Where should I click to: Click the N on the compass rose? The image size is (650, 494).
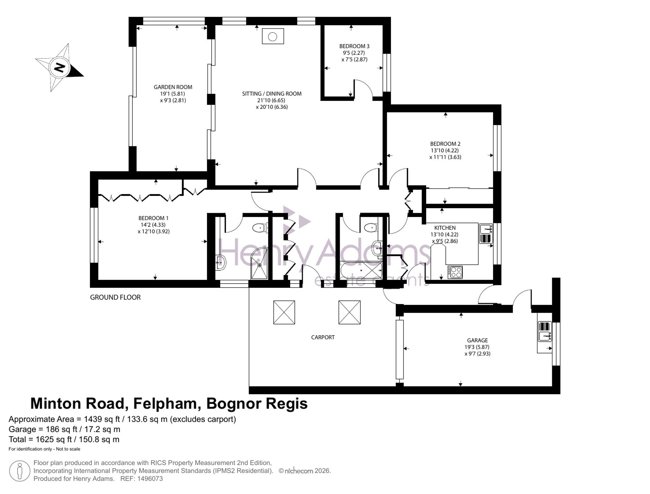59,68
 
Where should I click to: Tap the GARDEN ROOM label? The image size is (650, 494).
173,87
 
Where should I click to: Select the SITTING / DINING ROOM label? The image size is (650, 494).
272,94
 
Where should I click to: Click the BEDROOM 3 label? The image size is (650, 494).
354,46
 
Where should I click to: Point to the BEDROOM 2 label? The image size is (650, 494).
445,144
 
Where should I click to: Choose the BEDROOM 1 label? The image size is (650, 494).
153,218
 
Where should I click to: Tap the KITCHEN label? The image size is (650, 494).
445,228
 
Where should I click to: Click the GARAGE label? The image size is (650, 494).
477,340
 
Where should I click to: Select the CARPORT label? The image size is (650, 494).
323,337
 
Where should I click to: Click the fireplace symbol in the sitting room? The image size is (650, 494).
273,36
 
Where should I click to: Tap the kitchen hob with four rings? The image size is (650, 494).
455,272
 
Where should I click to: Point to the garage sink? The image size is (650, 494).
545,331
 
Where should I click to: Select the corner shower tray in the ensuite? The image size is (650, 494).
259,263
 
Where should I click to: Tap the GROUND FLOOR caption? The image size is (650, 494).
115,297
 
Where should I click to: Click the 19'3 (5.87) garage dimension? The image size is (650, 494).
477,347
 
